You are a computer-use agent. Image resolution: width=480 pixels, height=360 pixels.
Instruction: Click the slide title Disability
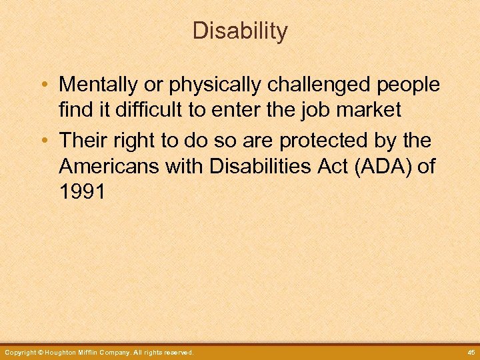(x=240, y=31)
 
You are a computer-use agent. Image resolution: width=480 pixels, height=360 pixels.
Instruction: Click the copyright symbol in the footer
(x=41, y=352)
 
